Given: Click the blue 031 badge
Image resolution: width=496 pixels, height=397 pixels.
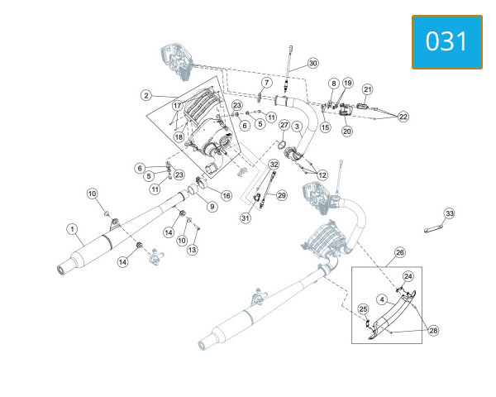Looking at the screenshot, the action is tap(447, 42).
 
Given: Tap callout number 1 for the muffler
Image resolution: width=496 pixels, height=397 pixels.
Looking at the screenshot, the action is tap(73, 229).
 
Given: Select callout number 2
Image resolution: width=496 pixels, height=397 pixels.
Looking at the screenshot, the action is tap(145, 95).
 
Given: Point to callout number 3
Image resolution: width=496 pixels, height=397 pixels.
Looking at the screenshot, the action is tap(297, 127).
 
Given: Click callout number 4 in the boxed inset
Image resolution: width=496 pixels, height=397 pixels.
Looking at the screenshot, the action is tap(382, 299).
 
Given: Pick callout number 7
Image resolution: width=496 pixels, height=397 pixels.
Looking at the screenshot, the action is tap(267, 83).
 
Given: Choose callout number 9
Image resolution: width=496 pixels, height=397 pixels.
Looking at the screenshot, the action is tap(212, 207).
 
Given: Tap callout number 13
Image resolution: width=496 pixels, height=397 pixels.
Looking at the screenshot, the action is tap(192, 250).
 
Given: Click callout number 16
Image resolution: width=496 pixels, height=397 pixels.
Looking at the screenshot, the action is tap(227, 196).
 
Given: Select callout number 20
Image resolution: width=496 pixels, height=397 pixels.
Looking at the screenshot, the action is tap(347, 131).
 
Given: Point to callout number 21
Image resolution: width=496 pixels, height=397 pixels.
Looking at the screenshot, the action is tap(367, 89).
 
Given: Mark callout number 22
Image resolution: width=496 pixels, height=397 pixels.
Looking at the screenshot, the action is tap(403, 117).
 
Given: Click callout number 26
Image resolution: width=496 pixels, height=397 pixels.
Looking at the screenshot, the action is tap(400, 252).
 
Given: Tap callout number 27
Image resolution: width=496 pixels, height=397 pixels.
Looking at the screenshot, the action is tap(284, 125).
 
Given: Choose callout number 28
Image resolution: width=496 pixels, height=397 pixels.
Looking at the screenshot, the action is tap(433, 331).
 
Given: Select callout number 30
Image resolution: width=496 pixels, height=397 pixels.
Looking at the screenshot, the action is tap(312, 64).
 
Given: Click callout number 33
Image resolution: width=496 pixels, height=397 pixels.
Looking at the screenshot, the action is tap(450, 213).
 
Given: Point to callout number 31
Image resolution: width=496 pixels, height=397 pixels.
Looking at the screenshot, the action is tap(246, 218).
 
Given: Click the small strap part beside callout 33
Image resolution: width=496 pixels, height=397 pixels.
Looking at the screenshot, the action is tap(432, 229).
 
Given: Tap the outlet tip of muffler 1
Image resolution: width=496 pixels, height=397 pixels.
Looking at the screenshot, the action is tap(60, 270).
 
